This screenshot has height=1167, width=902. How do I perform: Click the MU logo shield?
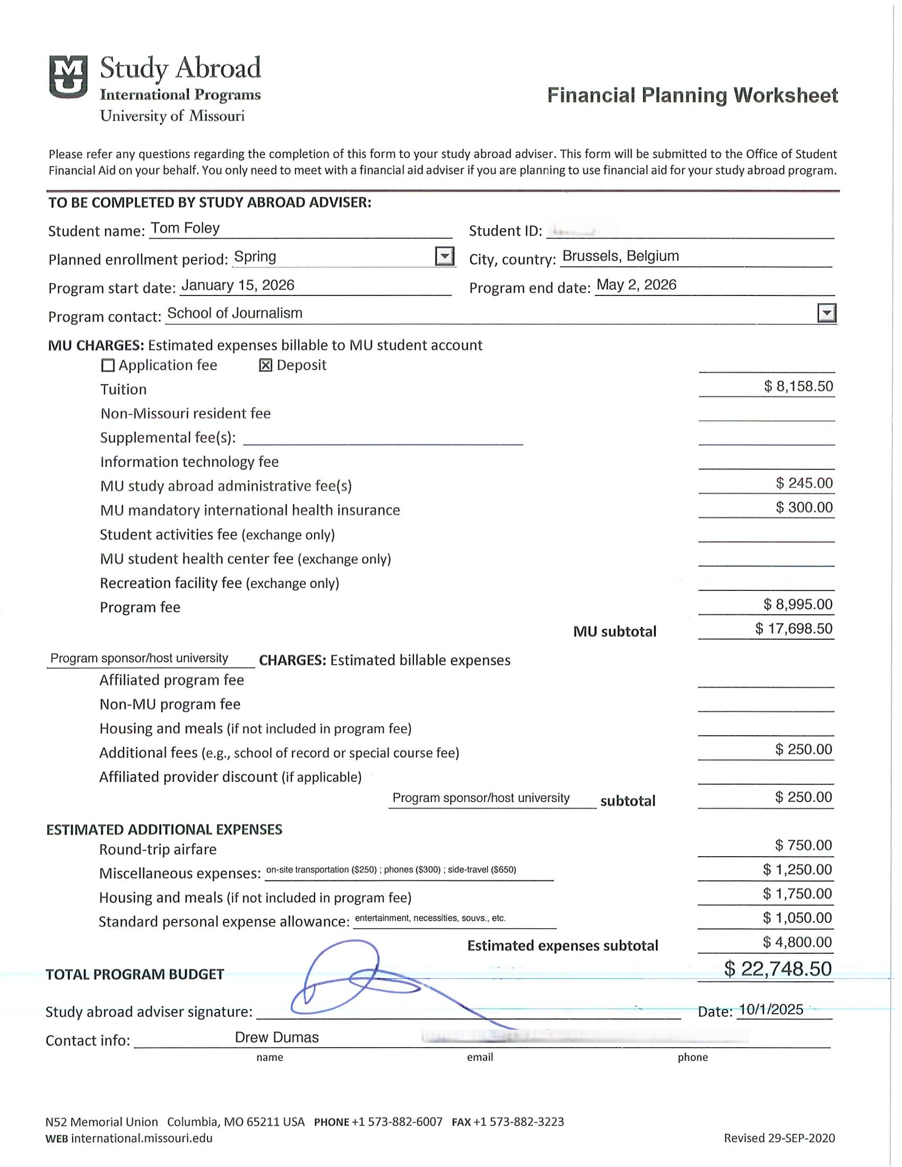(x=68, y=77)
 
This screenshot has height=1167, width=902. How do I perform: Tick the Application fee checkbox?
(x=108, y=365)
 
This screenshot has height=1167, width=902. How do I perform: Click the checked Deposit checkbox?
(x=266, y=365)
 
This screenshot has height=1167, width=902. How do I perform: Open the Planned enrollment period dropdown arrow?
(x=445, y=257)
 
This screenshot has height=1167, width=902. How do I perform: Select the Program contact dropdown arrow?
(x=826, y=313)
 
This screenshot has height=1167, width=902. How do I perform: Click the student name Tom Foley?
(x=185, y=229)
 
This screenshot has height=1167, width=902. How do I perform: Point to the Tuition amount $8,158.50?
(x=799, y=386)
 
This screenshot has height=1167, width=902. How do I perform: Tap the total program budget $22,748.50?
(x=777, y=969)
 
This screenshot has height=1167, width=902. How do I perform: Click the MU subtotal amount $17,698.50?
(x=794, y=629)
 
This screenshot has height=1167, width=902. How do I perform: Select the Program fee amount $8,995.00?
(x=798, y=604)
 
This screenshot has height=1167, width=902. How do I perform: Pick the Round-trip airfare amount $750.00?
(x=803, y=846)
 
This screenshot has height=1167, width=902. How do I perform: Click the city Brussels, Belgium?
(x=620, y=256)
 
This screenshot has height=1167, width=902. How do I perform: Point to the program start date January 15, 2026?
(x=238, y=285)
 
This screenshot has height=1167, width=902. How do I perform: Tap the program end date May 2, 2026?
(x=636, y=285)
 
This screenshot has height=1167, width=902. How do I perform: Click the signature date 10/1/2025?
(x=770, y=1010)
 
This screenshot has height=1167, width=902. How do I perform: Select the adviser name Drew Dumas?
(x=277, y=1038)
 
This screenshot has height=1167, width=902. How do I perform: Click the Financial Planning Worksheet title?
(x=692, y=95)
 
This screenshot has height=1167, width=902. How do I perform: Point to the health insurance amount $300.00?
(x=804, y=508)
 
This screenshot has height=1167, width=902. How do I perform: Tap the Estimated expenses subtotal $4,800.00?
(x=797, y=942)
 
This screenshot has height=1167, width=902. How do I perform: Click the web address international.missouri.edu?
(x=142, y=1138)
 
